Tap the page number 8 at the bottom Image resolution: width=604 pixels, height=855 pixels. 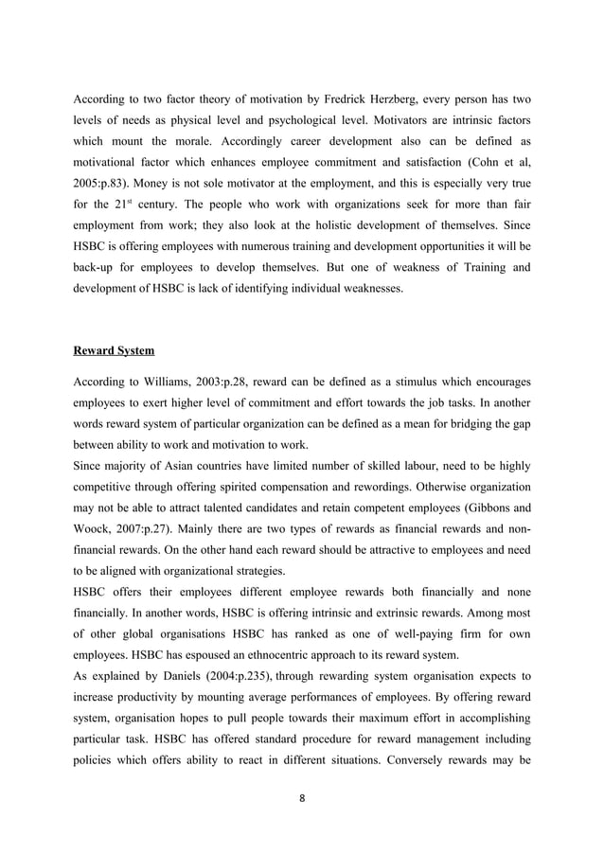(302, 797)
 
